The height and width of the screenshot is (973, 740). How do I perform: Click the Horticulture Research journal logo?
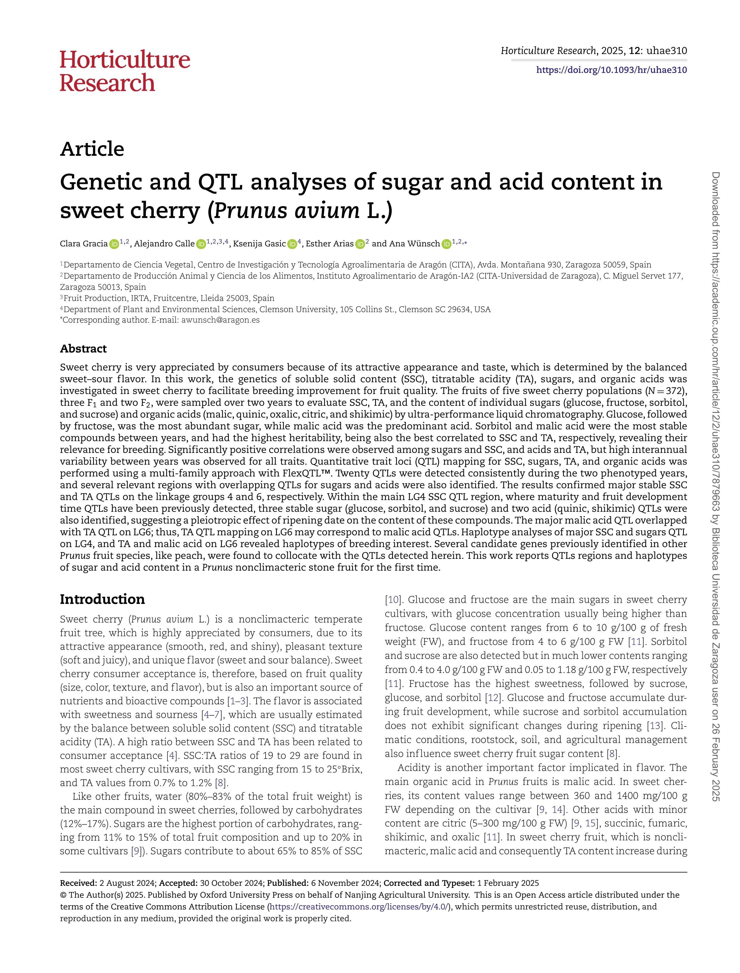pos(125,71)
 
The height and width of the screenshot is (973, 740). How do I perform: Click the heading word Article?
pos(92,149)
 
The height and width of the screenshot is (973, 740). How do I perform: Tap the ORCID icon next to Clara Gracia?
pos(114,244)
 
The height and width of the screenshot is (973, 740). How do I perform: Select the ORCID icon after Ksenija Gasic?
pos(292,244)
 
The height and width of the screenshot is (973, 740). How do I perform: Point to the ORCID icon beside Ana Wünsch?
pos(446,244)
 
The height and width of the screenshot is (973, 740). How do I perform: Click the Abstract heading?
pos(83,349)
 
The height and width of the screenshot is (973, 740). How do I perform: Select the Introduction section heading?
pos(102,599)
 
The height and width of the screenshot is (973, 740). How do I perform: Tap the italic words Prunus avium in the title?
pos(287,210)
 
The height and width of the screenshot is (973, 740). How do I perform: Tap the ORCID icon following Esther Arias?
pos(360,244)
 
